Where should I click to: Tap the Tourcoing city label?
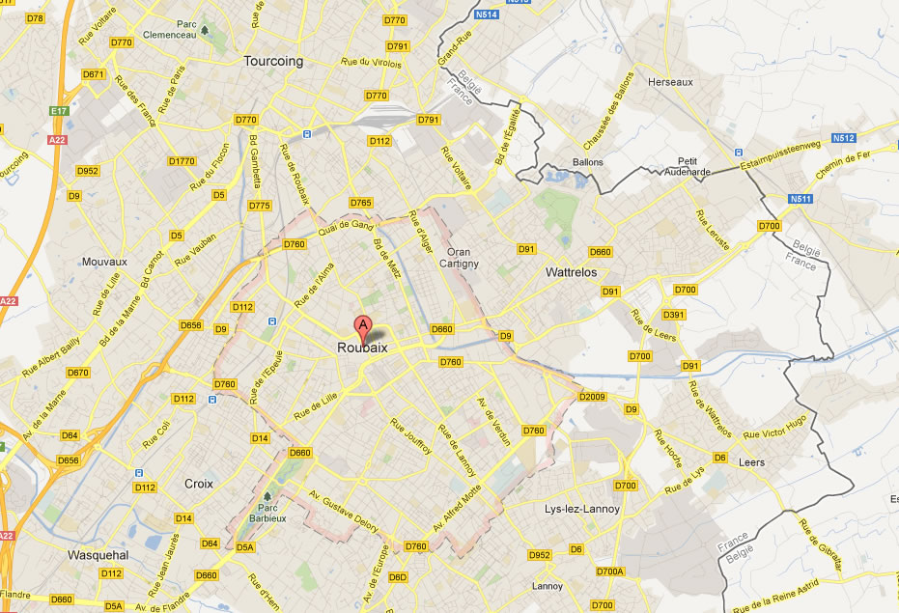pyautogui.click(x=273, y=61)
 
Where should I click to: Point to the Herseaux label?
pyautogui.click(x=671, y=82)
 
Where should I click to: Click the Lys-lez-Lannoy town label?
pyautogui.click(x=582, y=509)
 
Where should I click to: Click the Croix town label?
pyautogui.click(x=198, y=483)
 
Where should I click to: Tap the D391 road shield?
pyautogui.click(x=673, y=315)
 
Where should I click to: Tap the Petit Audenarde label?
pyautogui.click(x=687, y=167)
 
